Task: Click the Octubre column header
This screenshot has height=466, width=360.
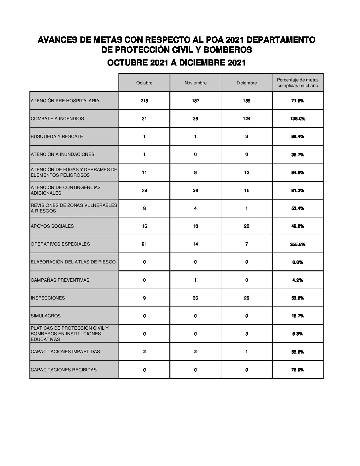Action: [144, 83]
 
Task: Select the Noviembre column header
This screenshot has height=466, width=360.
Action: [195, 83]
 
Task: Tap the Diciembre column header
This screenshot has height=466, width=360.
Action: [247, 83]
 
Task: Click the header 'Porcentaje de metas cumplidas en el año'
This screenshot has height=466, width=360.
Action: [297, 82]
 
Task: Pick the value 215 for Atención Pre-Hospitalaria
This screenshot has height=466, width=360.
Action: [144, 101]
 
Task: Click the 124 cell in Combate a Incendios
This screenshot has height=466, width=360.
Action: [247, 118]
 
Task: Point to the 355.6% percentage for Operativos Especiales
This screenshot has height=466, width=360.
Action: [297, 244]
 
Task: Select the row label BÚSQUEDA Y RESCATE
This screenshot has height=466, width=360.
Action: [57, 136]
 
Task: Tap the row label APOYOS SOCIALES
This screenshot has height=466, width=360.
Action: [52, 226]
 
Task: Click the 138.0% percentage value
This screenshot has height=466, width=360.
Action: [297, 118]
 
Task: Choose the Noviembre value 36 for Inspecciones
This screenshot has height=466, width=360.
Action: [195, 298]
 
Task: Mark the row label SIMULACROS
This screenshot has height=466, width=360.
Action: [46, 316]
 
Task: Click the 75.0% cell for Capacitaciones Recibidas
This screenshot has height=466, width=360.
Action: [297, 370]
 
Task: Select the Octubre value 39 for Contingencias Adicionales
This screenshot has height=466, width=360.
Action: [144, 190]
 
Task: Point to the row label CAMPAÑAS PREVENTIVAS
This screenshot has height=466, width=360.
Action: [60, 280]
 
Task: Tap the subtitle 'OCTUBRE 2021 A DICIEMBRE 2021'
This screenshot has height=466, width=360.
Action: [176, 63]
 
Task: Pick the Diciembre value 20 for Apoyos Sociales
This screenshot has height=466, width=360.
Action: [247, 226]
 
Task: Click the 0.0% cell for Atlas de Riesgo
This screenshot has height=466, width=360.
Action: [297, 262]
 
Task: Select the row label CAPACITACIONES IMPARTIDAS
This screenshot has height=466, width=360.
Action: [65, 351]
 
